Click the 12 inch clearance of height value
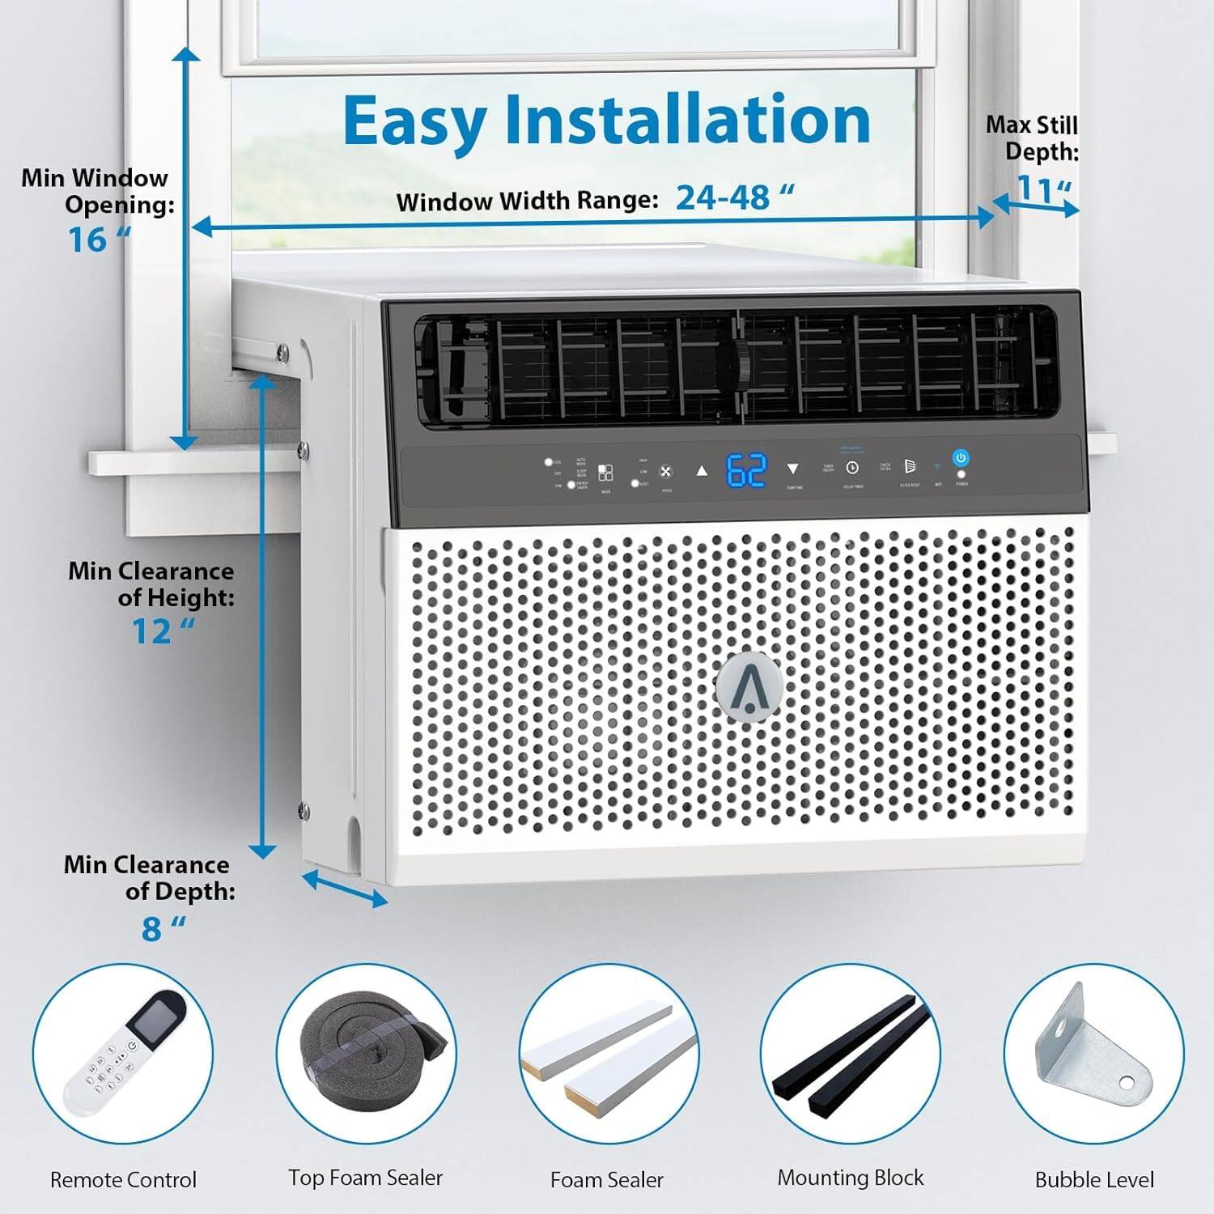162,631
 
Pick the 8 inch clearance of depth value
162,928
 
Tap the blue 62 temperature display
745,470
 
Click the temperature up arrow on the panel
702,469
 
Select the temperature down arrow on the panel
793,469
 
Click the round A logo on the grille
749,684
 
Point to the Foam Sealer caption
606,1180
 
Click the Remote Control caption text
123,1180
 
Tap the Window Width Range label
527,201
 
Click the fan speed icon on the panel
665,471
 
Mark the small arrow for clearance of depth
345,888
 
